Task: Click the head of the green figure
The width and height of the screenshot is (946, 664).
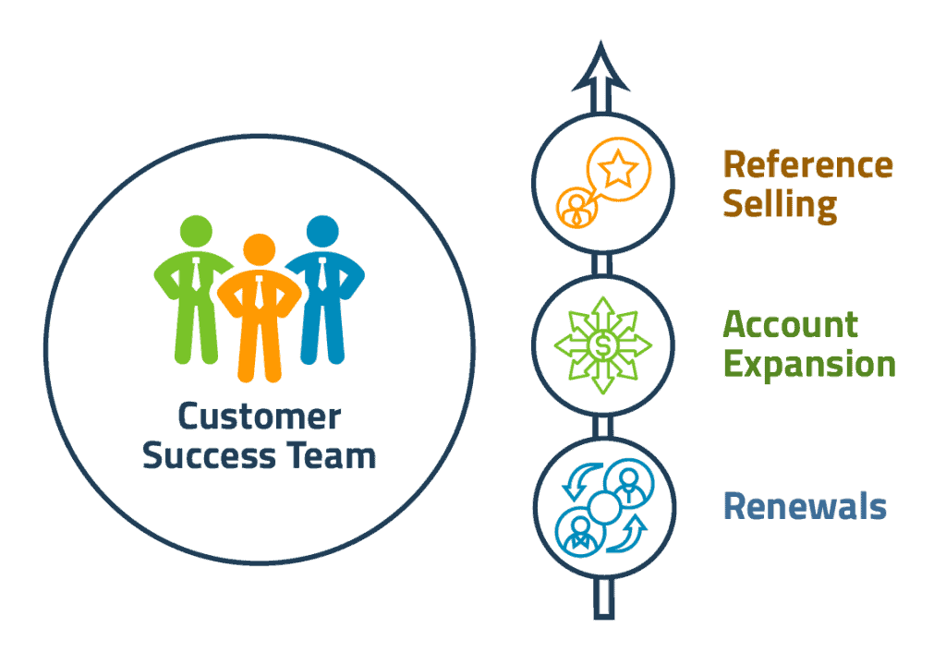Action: [x=196, y=231]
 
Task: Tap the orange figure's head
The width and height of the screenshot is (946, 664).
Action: [x=260, y=249]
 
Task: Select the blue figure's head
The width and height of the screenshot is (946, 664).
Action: [x=322, y=231]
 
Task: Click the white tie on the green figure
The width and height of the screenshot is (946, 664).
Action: [x=197, y=274]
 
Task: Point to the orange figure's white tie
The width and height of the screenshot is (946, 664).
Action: [x=260, y=293]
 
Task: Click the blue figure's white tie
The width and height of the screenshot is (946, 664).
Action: [x=322, y=274]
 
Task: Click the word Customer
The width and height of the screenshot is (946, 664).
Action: [x=260, y=417]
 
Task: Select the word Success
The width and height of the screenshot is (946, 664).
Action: [x=209, y=455]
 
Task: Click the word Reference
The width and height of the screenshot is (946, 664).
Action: [x=807, y=164]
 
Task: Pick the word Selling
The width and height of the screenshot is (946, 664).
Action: [x=780, y=205]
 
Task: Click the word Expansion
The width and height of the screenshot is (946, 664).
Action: [x=809, y=364]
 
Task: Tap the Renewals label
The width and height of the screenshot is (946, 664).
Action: [x=806, y=506]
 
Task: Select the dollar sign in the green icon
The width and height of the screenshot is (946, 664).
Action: [x=602, y=345]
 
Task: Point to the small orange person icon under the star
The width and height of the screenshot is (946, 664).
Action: [x=577, y=208]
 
